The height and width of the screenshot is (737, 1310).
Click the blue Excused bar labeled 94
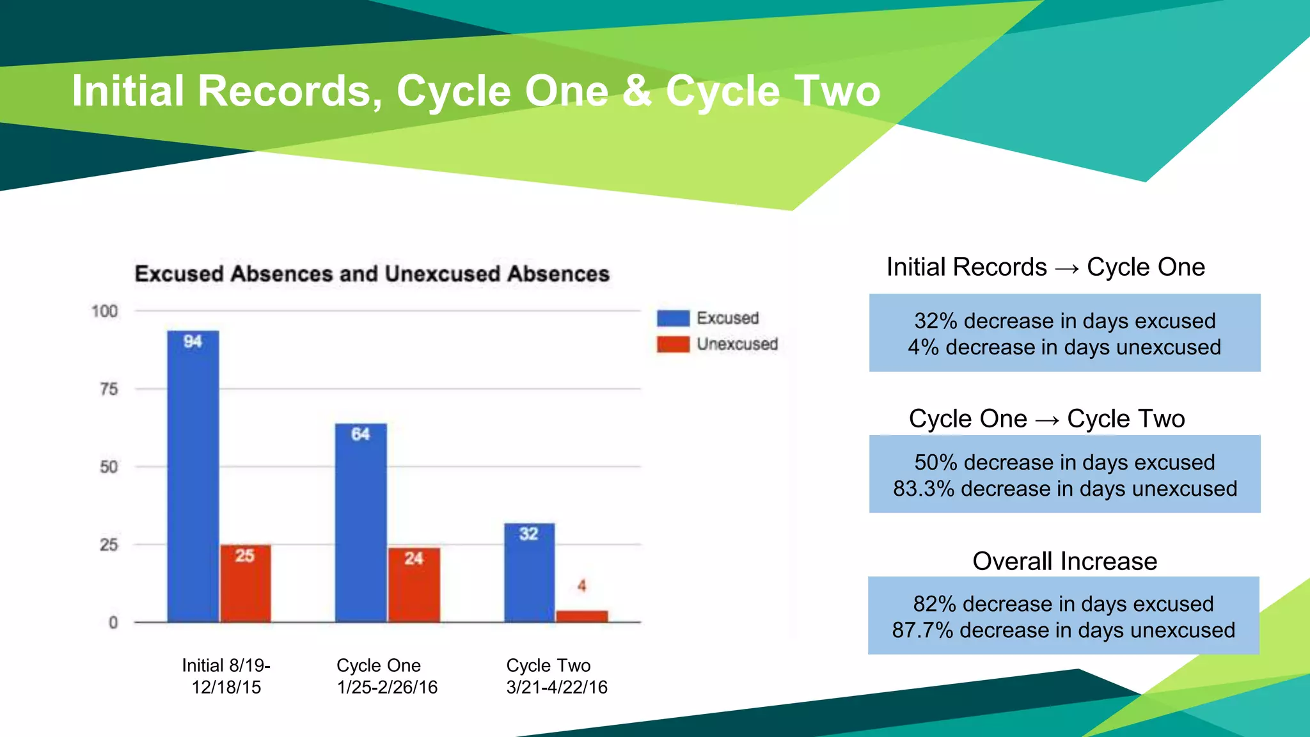193,477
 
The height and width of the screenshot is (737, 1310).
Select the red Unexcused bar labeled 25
245,583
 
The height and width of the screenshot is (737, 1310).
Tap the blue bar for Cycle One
361,523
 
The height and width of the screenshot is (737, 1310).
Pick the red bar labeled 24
414,585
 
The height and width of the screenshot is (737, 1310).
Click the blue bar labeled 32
529,573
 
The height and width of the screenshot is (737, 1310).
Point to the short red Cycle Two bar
582,616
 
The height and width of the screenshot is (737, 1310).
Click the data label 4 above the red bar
581,585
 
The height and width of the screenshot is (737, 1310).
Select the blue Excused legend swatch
673,318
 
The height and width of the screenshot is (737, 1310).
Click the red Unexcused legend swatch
673,344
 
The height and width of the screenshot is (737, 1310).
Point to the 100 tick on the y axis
104,312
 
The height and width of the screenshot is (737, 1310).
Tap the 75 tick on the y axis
109,389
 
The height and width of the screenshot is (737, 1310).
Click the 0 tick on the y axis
113,622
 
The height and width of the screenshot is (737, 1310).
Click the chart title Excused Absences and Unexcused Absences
372,274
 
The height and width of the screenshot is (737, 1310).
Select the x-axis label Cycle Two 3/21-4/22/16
556,676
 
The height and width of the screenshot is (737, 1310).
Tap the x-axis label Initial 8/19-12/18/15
226,676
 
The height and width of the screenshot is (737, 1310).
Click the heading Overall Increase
1064,561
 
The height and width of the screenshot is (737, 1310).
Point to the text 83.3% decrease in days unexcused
1065,489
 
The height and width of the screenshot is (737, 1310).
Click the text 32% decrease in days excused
1064,321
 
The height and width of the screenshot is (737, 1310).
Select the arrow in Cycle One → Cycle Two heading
1047,420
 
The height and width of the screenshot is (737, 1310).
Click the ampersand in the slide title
636,91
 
